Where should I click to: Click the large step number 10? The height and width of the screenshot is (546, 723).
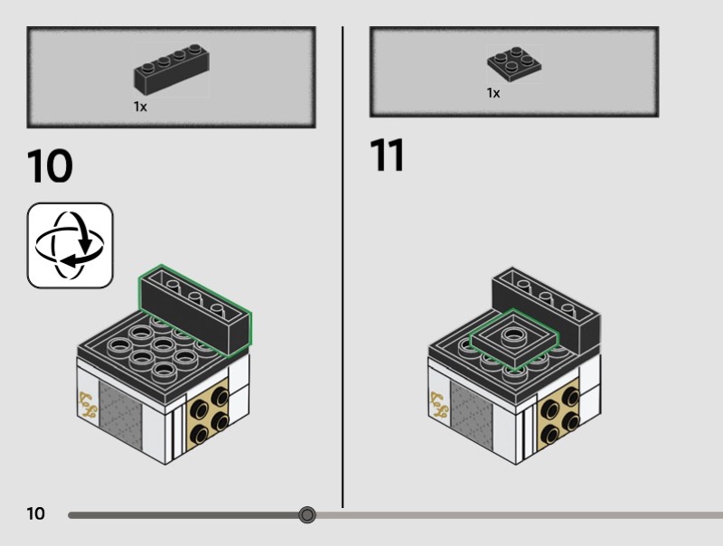coord(50,166)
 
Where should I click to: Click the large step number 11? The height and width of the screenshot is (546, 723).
coord(387,155)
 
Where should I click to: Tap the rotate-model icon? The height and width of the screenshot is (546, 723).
coord(70,245)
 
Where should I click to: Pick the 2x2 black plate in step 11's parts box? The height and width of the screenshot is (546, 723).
coord(514,64)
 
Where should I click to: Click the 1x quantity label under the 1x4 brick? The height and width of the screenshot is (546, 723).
coord(140,107)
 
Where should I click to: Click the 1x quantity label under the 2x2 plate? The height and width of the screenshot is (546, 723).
coord(493,93)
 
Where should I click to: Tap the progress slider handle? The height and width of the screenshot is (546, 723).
coord(307,514)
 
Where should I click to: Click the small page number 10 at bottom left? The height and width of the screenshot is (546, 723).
coord(36,513)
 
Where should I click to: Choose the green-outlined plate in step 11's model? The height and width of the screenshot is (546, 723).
coord(513,339)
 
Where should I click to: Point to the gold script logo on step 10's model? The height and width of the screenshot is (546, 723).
coord(88,405)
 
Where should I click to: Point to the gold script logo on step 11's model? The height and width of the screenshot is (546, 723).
coord(439,405)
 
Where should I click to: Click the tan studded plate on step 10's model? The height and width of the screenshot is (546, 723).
coord(209,415)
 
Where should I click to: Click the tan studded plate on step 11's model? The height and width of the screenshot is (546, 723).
coord(559,415)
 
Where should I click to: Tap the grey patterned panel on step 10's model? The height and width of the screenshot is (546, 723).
coord(120,416)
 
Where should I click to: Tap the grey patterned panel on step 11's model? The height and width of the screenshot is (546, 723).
coord(472,416)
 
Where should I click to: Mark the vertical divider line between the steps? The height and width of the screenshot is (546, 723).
coord(343,267)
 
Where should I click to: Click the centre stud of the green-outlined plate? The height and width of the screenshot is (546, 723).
coord(512,335)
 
